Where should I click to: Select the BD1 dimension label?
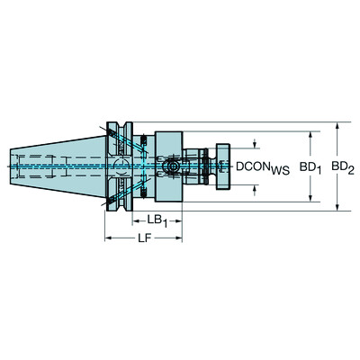click(x=310, y=166)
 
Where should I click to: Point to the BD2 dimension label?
click(x=341, y=166)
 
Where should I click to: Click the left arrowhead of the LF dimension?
click(x=109, y=238)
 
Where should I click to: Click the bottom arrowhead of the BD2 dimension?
click(x=336, y=209)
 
